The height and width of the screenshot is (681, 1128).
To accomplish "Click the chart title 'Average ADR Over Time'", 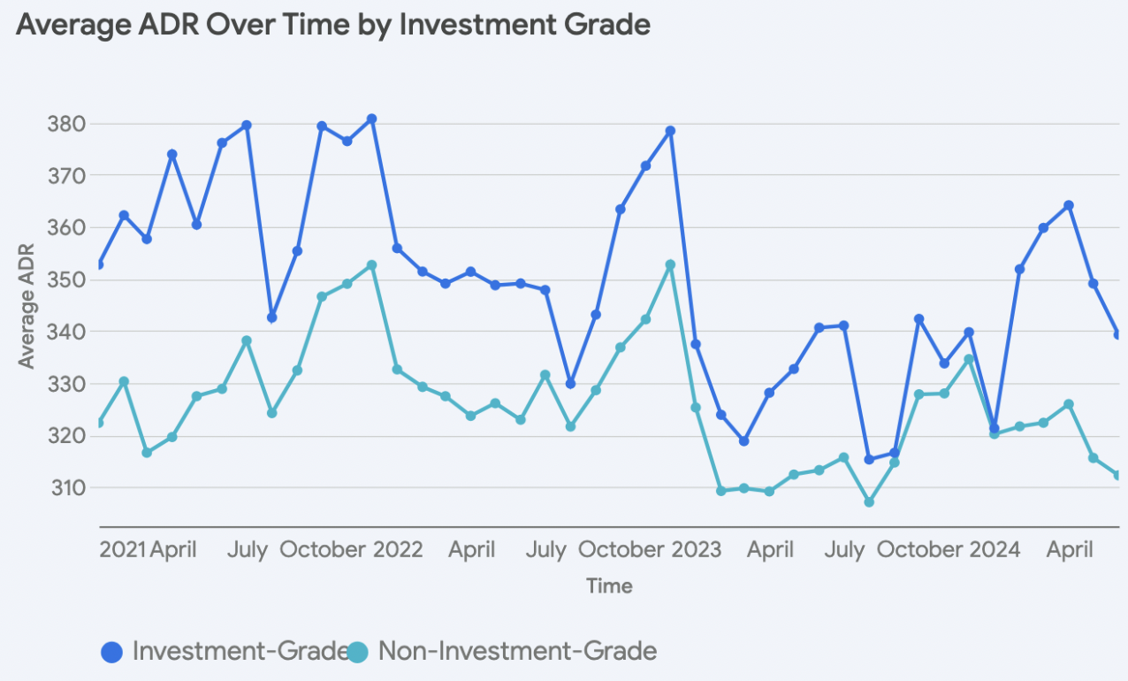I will pyautogui.click(x=332, y=25).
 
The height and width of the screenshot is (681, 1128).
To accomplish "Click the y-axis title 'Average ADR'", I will pyautogui.click(x=27, y=306).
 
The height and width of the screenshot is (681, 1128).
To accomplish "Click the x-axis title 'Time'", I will pyautogui.click(x=609, y=585).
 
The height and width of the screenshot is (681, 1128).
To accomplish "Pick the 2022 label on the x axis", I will pyautogui.click(x=398, y=550).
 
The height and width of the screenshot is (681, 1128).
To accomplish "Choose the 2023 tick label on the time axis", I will pyautogui.click(x=696, y=550).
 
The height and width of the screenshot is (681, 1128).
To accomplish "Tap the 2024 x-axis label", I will pyautogui.click(x=995, y=550).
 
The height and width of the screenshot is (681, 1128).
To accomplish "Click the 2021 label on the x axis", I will pyautogui.click(x=122, y=550).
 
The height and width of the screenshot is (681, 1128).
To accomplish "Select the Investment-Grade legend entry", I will pyautogui.click(x=226, y=652).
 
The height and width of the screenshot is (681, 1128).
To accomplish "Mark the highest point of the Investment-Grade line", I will pyautogui.click(x=372, y=119).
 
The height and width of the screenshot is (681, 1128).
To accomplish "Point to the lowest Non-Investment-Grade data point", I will pyautogui.click(x=869, y=502).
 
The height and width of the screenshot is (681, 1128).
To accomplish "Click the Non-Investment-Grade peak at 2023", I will pyautogui.click(x=670, y=264).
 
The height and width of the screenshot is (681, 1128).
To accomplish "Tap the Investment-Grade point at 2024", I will pyautogui.click(x=994, y=428).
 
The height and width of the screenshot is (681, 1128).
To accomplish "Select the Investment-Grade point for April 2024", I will pyautogui.click(x=1069, y=205).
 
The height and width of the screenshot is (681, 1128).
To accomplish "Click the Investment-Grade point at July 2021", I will pyautogui.click(x=247, y=126).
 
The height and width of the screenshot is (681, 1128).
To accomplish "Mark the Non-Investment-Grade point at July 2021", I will pyautogui.click(x=247, y=340).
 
